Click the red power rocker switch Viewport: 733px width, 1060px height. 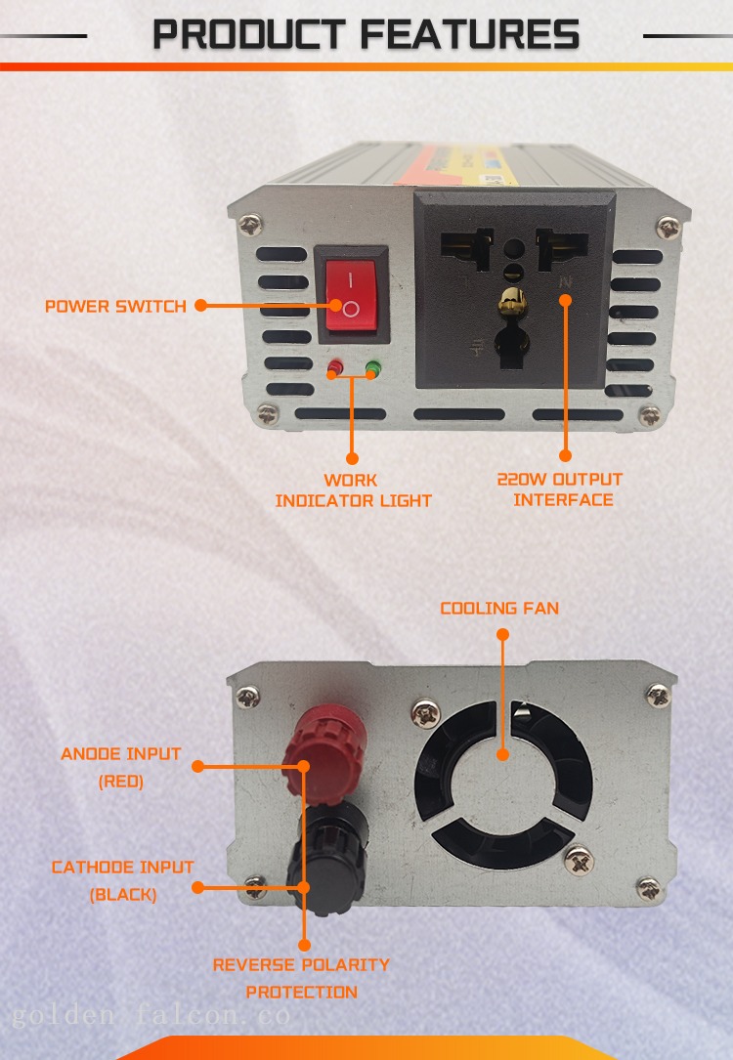click(351, 294)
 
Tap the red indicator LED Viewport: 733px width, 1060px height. click(334, 367)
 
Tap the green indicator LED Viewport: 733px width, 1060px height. click(372, 368)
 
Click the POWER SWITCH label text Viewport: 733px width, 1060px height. click(115, 306)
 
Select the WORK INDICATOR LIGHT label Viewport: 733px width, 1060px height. click(353, 490)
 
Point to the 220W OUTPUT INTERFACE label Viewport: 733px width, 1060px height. click(560, 489)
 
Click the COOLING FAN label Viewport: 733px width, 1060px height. click(499, 609)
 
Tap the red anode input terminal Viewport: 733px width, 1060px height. click(324, 750)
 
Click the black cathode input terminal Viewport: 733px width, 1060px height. click(328, 858)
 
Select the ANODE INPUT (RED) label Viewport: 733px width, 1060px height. click(121, 767)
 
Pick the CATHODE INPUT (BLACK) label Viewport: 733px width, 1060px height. click(123, 880)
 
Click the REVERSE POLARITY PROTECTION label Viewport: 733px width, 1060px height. click(302, 978)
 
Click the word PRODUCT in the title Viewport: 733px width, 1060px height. click(249, 34)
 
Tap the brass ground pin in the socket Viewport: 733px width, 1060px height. click(512, 301)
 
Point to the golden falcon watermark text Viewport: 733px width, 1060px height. click(151, 1015)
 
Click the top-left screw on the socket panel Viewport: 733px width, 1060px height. click(251, 225)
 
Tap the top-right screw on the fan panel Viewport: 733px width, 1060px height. click(658, 695)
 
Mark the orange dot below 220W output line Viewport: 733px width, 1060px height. click(565, 456)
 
